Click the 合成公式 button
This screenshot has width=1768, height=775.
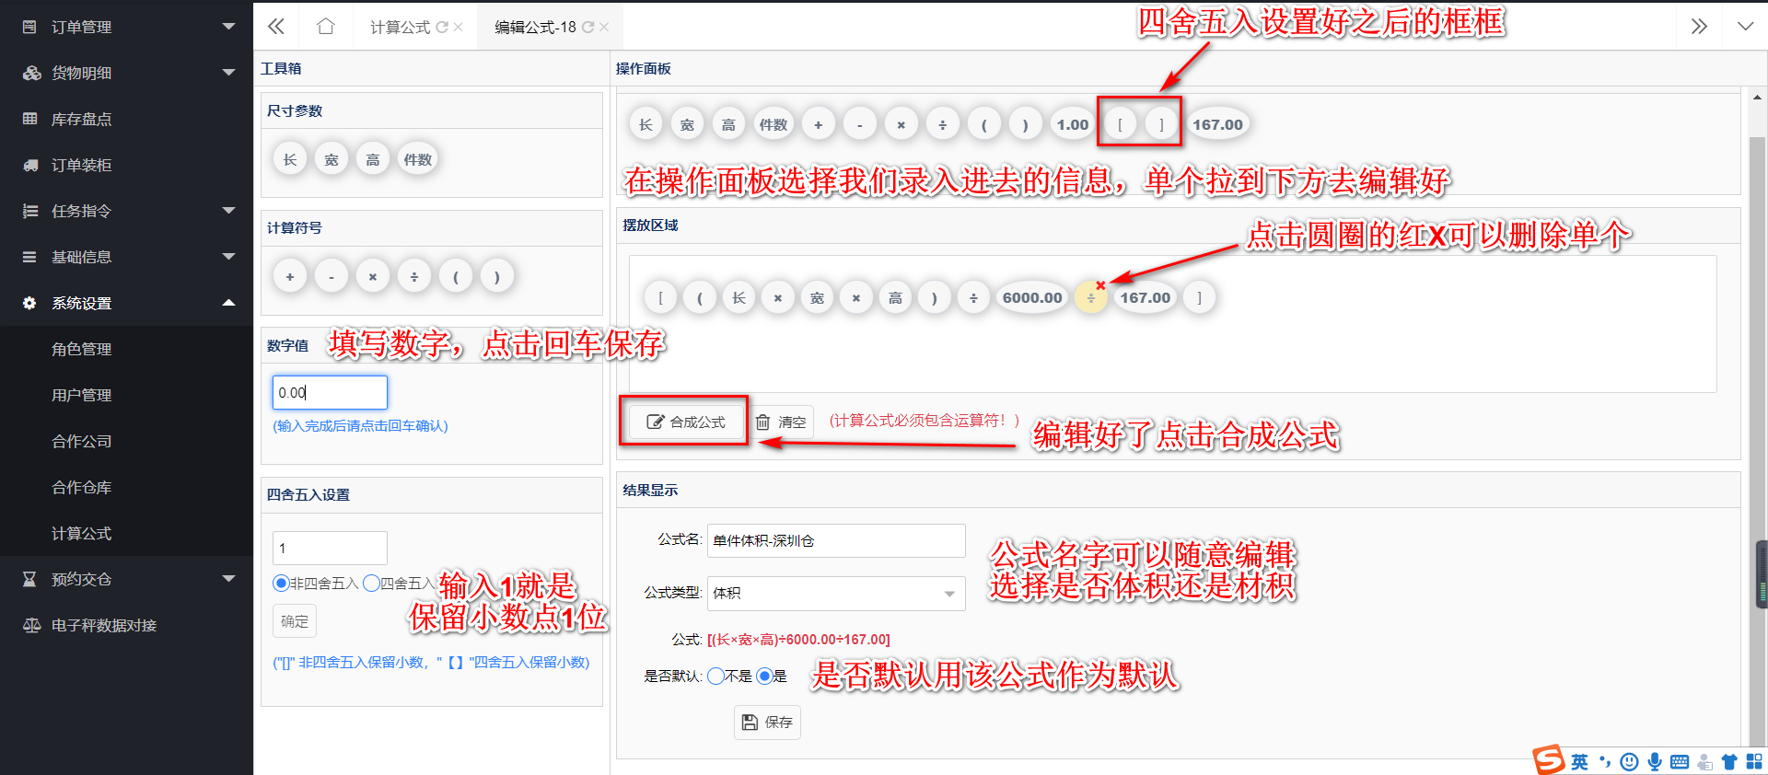coord(685,422)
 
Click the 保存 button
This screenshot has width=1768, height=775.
coord(767,723)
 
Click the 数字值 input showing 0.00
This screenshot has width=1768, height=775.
coord(330,392)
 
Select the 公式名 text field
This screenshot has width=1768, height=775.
coord(836,540)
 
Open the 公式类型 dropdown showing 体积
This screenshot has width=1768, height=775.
coord(836,593)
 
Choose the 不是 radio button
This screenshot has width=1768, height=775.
coord(715,677)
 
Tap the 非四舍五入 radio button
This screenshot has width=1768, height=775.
coord(281,583)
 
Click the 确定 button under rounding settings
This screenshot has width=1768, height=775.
coord(295,621)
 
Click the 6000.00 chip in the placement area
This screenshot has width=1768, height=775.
coord(1032,297)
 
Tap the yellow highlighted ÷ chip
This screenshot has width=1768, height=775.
coord(1091,297)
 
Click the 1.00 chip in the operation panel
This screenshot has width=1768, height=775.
coord(1072,124)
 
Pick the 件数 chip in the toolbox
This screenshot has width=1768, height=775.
coord(417,159)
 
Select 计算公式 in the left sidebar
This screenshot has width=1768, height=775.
coord(82,533)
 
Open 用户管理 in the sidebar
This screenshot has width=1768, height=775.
coord(82,395)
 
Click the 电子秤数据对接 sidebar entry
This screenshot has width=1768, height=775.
coord(104,625)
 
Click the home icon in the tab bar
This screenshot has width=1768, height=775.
coord(325,27)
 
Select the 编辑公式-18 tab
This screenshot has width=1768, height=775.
coord(535,27)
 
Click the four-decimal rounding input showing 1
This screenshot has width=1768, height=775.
coord(330,548)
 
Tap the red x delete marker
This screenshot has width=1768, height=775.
coord(1100,285)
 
